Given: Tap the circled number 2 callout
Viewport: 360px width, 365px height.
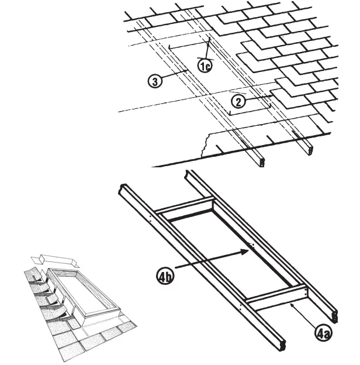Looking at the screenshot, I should pos(237,101).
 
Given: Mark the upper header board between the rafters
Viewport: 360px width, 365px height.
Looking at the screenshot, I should pos(185,210).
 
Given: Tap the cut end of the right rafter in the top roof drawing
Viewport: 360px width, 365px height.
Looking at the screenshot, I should pos(309,147).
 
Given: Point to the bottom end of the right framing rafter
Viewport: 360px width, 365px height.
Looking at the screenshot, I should pos(334,316).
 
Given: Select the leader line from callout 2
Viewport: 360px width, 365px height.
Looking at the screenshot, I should pos(257,97).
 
